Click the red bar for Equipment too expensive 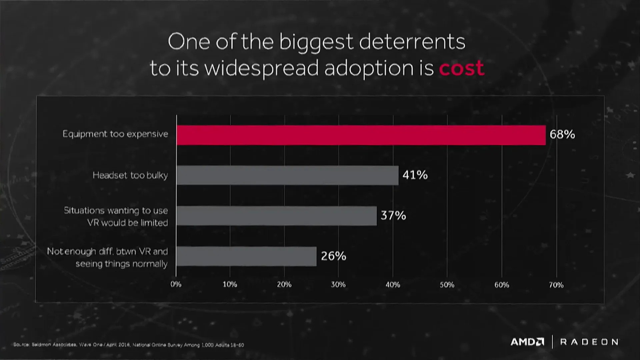[361, 135]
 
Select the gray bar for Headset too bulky [287, 175]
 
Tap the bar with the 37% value [276, 216]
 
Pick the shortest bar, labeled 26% [246, 256]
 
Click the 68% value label [562, 134]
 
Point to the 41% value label [415, 175]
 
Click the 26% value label [333, 256]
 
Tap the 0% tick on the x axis [176, 284]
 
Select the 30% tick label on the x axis [338, 284]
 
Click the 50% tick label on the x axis [447, 285]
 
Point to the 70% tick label [556, 285]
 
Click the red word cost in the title [461, 68]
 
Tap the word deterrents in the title [412, 42]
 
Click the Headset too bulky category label [130, 175]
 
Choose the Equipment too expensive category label [115, 134]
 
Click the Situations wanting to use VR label [116, 216]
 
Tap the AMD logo [527, 342]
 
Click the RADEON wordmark [589, 342]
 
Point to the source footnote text [129, 345]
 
